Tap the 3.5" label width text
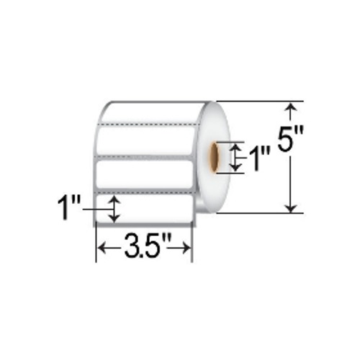coord(144,246)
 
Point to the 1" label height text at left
coord(68,207)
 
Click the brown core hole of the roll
coord(215,157)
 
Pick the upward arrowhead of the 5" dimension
coord(291,107)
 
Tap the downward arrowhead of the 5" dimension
coord(291,207)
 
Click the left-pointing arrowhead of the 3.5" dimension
coord(103,248)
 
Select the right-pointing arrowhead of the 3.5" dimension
coord(186,248)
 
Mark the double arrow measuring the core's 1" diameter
coord(235,157)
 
